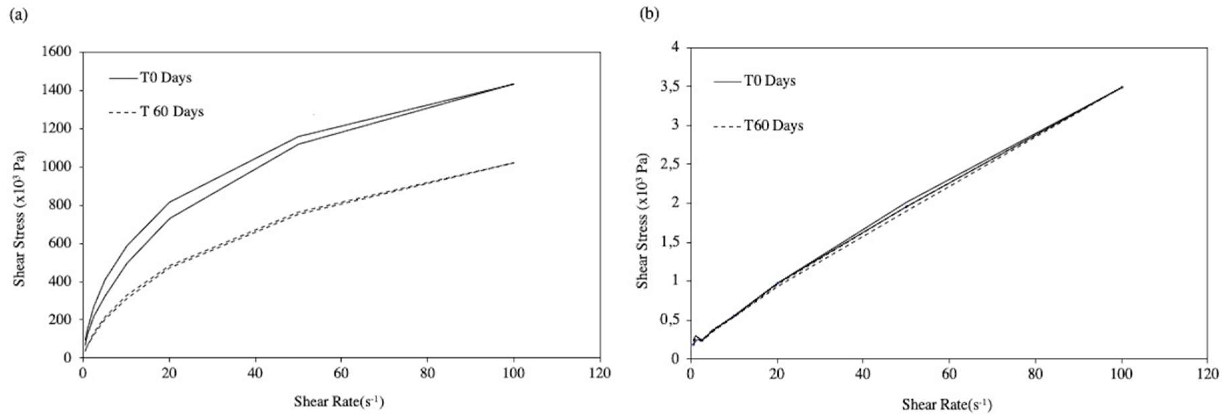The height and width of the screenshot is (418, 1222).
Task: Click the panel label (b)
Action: (x=649, y=14)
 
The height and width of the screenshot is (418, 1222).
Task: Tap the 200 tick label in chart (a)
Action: (x=60, y=320)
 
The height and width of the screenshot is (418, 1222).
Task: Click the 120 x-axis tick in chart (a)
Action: (x=600, y=373)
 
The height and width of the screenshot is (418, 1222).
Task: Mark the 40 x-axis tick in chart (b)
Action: (x=863, y=374)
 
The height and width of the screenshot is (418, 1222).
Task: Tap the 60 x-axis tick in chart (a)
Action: (x=341, y=373)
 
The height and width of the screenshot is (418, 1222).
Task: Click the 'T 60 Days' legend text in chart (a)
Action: (x=172, y=112)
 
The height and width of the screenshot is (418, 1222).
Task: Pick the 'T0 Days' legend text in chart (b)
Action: (x=769, y=81)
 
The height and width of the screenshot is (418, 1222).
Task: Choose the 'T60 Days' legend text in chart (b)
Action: (x=774, y=126)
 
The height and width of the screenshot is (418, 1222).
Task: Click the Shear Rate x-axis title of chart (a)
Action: (x=339, y=402)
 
